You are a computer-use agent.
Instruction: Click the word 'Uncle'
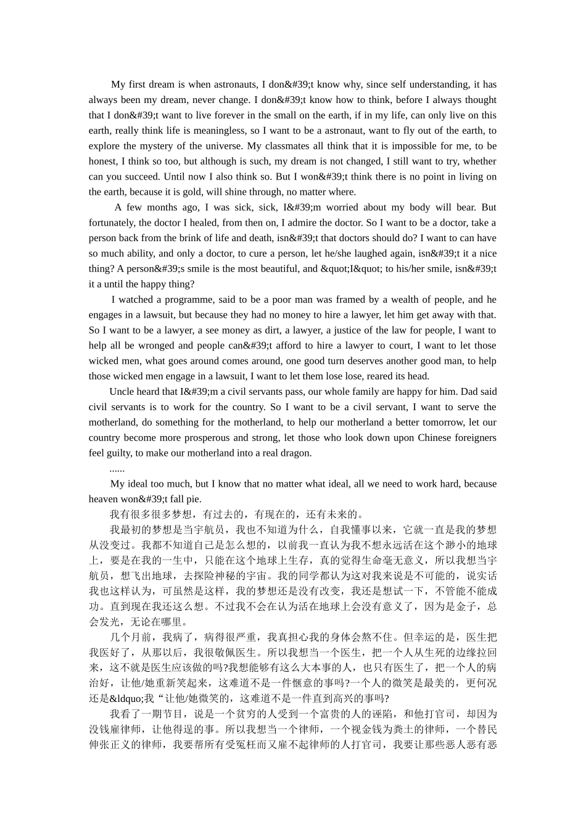point(122,392)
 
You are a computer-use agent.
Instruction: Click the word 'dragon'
point(295,453)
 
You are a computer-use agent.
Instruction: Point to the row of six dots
point(117,469)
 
